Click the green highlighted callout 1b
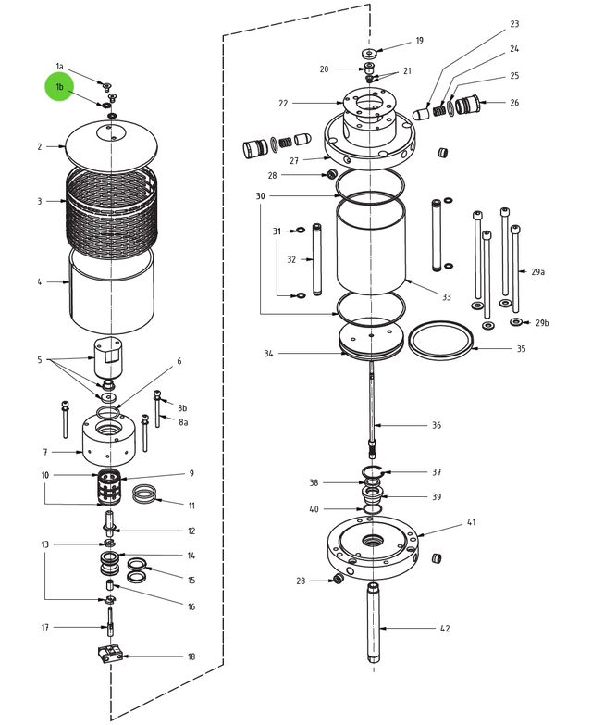point(60,87)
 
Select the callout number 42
point(444,629)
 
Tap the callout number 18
point(191,656)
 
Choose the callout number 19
point(419,41)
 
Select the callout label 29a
point(537,272)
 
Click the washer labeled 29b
point(515,322)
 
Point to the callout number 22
point(283,103)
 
